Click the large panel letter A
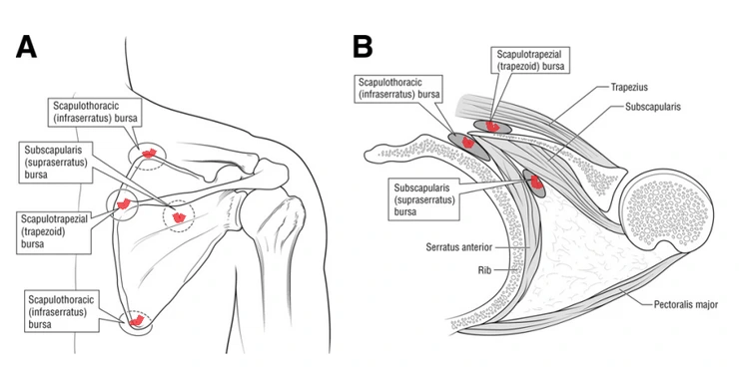click(x=26, y=47)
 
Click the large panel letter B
click(x=363, y=47)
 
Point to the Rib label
click(x=484, y=270)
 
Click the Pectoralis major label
click(x=686, y=305)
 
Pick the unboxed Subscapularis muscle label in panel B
click(x=653, y=107)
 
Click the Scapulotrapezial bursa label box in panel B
click(x=528, y=60)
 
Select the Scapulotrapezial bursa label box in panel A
click(x=53, y=231)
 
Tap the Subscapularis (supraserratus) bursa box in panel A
click(x=55, y=162)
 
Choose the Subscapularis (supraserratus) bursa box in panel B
click(x=424, y=199)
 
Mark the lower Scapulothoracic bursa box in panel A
click(x=62, y=311)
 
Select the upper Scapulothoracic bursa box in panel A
click(x=94, y=113)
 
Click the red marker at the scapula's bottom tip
click(x=136, y=321)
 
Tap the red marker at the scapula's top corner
click(x=149, y=153)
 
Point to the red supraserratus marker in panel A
click(x=179, y=216)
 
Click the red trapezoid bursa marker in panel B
click(x=492, y=126)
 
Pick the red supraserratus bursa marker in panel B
click(x=535, y=182)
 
